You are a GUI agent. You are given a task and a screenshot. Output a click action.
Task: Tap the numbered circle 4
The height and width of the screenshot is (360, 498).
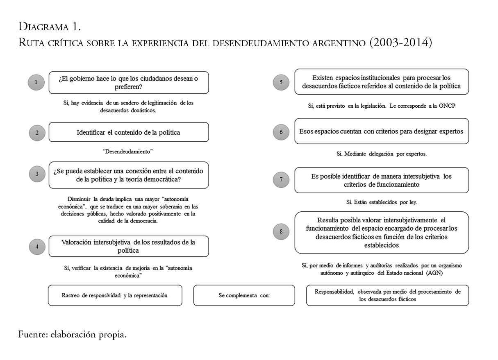37,246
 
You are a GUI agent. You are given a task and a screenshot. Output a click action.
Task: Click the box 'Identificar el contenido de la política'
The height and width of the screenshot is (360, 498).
128,132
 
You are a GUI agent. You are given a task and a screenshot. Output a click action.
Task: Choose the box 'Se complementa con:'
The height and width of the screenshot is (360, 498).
244,295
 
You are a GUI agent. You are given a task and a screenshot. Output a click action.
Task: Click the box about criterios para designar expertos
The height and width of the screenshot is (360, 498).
381,131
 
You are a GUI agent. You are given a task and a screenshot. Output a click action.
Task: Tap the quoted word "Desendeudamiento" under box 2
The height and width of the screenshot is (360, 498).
128,152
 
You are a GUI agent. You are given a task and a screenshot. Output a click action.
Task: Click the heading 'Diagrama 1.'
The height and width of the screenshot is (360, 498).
50,27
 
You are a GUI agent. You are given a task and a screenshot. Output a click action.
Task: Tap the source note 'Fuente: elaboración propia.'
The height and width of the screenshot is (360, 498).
72,335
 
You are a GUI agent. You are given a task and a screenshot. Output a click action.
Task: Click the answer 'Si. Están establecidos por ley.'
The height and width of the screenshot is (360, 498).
382,202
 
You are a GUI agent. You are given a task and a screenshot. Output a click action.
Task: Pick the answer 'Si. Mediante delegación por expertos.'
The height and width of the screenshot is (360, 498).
381,154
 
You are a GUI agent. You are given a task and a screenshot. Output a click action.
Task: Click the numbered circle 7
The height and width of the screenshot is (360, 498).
281,179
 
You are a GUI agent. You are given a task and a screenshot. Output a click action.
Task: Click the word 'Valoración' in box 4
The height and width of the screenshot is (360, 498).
78,242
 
